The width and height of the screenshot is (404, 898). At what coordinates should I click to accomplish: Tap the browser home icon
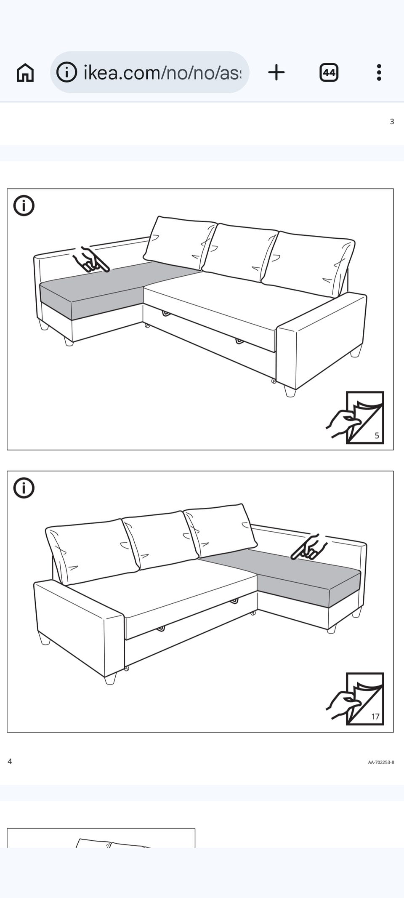pyautogui.click(x=25, y=72)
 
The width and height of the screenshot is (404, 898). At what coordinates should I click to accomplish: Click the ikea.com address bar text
pyautogui.click(x=162, y=72)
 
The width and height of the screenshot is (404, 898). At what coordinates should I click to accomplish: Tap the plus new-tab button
pyautogui.click(x=276, y=72)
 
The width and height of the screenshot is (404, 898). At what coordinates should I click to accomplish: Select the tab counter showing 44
pyautogui.click(x=329, y=72)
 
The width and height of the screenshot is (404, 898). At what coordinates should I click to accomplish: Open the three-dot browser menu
pyautogui.click(x=379, y=72)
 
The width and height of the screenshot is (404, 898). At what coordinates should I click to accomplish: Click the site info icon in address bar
pyautogui.click(x=66, y=72)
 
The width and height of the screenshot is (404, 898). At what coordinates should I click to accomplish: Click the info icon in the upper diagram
pyautogui.click(x=24, y=206)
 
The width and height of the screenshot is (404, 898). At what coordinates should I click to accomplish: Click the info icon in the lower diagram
pyautogui.click(x=24, y=488)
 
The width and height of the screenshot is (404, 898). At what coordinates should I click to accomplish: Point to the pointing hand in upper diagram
pyautogui.click(x=90, y=260)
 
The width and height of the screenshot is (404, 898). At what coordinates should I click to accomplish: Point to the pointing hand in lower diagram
pyautogui.click(x=309, y=547)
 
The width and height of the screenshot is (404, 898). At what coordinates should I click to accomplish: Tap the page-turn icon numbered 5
pyautogui.click(x=356, y=418)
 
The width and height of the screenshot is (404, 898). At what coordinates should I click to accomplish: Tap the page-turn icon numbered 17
pyautogui.click(x=356, y=699)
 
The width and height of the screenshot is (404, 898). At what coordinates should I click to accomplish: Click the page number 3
pyautogui.click(x=392, y=122)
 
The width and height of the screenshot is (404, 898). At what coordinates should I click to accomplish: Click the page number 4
pyautogui.click(x=10, y=761)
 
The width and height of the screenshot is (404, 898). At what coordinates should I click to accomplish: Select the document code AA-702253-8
pyautogui.click(x=381, y=762)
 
